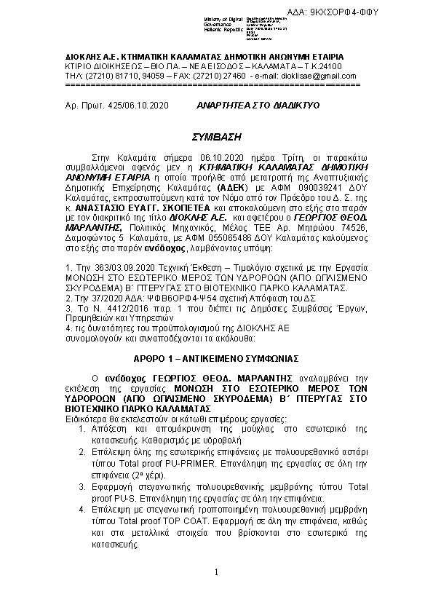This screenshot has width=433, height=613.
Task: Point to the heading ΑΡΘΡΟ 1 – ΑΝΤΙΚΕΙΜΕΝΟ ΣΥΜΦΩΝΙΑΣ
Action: (216, 360)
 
